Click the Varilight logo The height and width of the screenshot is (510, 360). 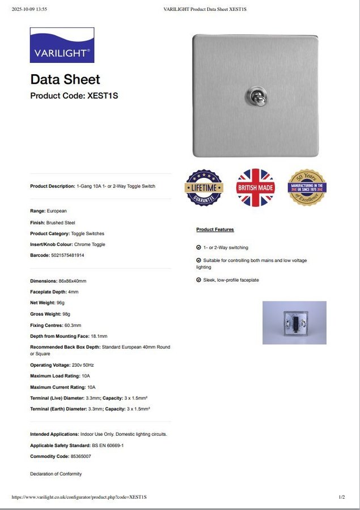[x=62, y=45]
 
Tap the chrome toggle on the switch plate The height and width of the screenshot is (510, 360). [x=252, y=96]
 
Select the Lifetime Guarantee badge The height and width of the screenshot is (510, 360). [x=204, y=188]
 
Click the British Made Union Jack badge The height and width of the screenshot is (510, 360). [x=256, y=188]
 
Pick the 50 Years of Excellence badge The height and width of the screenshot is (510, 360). [x=307, y=188]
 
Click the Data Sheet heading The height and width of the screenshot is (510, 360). [x=65, y=79]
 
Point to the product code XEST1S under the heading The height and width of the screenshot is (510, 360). [x=103, y=96]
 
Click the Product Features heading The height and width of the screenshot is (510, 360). [x=215, y=229]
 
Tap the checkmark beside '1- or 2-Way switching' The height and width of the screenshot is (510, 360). [x=198, y=248]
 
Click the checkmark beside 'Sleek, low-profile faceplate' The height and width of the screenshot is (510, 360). [x=198, y=280]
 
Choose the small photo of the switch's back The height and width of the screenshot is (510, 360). [x=294, y=322]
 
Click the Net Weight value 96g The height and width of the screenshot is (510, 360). [x=61, y=303]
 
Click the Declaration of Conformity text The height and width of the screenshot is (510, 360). [x=56, y=474]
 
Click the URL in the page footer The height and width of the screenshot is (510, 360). [x=79, y=497]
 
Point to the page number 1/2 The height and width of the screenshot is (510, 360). [x=342, y=497]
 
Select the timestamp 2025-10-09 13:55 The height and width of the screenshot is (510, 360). [x=29, y=9]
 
